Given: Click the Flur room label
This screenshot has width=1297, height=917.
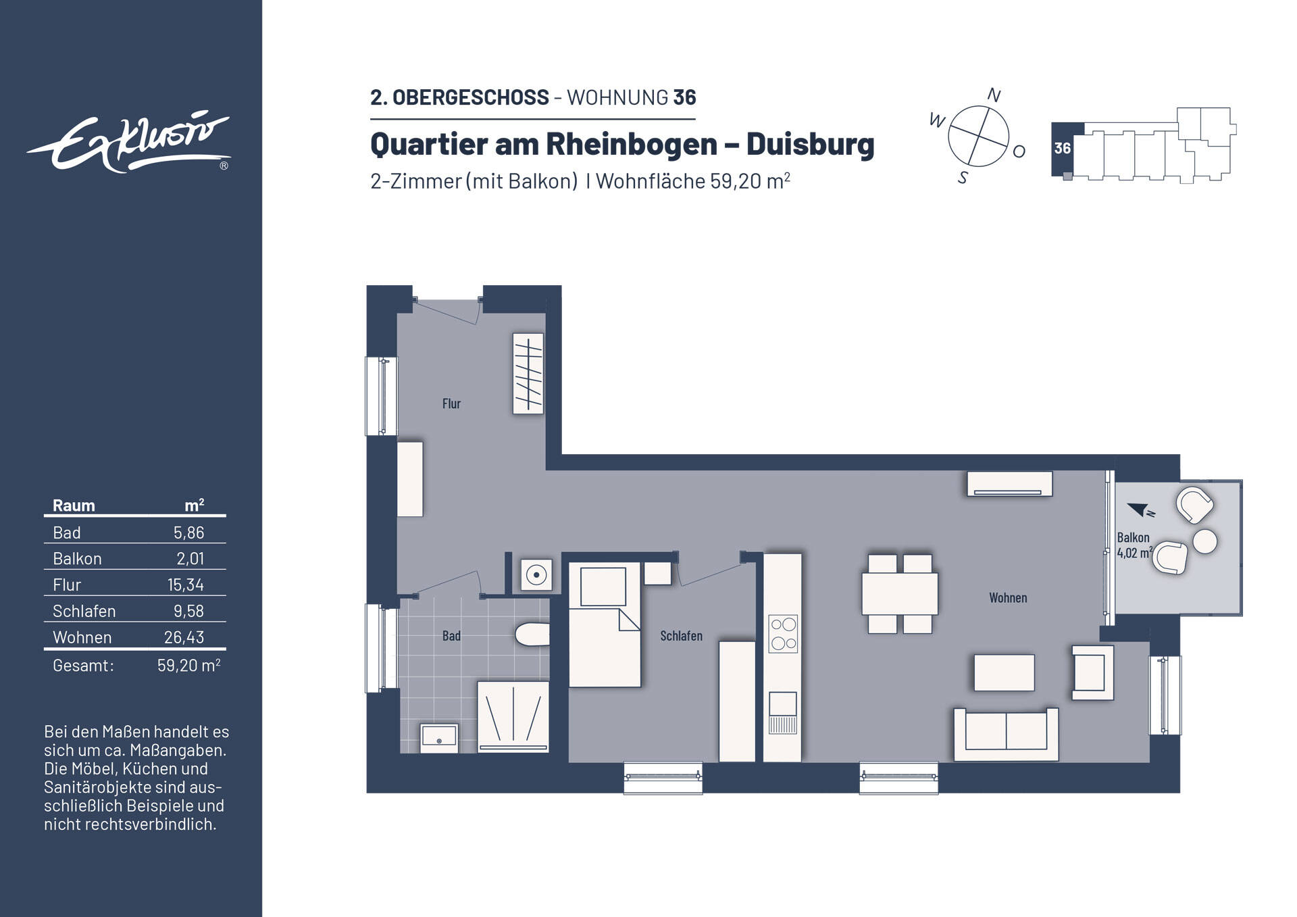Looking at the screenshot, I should pyautogui.click(x=451, y=403).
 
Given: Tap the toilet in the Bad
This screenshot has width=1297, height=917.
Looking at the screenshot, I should pyautogui.click(x=532, y=634).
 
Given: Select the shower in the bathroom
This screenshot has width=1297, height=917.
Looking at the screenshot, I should pyautogui.click(x=513, y=717).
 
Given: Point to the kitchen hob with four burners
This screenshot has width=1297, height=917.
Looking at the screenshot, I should pyautogui.click(x=783, y=633).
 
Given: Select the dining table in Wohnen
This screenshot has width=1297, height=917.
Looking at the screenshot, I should pyautogui.click(x=899, y=593).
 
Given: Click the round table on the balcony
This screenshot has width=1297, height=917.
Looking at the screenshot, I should pyautogui.click(x=1204, y=541).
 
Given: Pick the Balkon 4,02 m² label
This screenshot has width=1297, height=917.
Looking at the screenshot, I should pyautogui.click(x=1134, y=545).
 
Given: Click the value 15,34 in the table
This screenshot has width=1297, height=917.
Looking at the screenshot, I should pyautogui.click(x=185, y=585).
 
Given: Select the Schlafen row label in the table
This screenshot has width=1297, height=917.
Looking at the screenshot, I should pyautogui.click(x=84, y=611).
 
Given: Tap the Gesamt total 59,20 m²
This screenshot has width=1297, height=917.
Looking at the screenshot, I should pyautogui.click(x=188, y=666).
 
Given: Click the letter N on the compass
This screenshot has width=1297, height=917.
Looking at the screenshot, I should pyautogui.click(x=993, y=95).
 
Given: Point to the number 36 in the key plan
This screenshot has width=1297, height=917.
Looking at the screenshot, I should pyautogui.click(x=1062, y=148).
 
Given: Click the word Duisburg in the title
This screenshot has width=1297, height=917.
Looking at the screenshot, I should pyautogui.click(x=809, y=144).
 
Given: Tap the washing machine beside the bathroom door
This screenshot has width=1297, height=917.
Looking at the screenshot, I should pyautogui.click(x=536, y=575).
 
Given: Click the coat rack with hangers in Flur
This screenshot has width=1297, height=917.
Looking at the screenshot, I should pyautogui.click(x=528, y=373).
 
